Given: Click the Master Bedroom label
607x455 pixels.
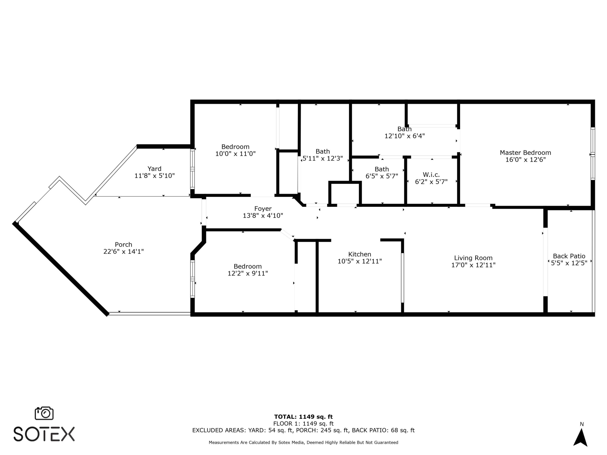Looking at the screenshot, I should point(525,153).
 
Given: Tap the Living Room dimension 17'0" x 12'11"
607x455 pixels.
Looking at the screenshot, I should point(473,265).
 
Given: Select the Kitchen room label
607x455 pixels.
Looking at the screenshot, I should point(360,254).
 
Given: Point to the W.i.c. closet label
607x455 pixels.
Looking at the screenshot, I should point(431,175).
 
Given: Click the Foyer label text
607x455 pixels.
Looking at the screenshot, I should point(263,209).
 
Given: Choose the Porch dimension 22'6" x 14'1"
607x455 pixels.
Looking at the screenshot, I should point(124,252).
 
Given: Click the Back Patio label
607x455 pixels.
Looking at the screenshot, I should point(569,256).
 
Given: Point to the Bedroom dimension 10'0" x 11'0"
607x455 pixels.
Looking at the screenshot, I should point(235,154).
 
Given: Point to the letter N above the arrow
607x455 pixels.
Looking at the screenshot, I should point(581,424).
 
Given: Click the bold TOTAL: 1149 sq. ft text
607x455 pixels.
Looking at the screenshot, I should point(303,417).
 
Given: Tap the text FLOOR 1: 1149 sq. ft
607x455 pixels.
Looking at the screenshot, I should point(303,424).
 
